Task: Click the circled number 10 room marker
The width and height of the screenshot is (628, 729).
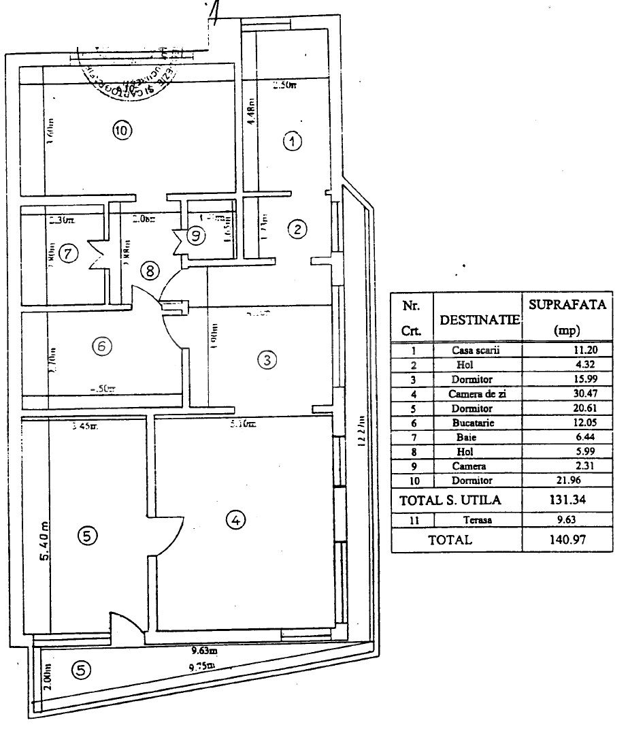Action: (120, 131)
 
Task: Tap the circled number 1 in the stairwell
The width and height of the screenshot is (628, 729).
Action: (292, 142)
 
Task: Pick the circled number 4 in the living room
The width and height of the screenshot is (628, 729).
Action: (235, 521)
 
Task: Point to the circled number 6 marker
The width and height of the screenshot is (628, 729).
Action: (101, 346)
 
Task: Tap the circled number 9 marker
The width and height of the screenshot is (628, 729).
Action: (196, 236)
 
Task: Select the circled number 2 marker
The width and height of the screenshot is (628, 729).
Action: (297, 229)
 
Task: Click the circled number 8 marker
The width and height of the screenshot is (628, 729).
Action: (150, 270)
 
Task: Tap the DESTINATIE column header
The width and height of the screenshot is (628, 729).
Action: (477, 319)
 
